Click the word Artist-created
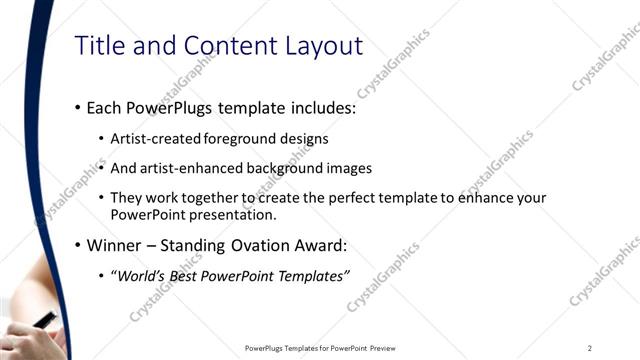coord(152,139)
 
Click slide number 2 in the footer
coord(590,348)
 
